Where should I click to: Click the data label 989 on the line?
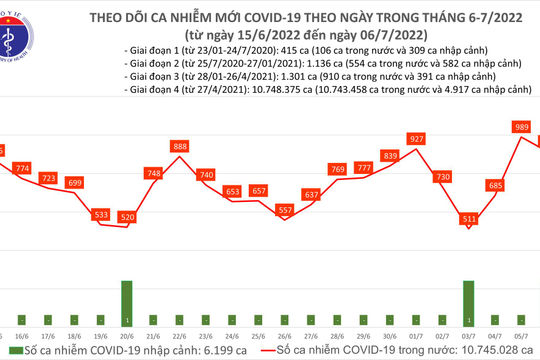(521, 127)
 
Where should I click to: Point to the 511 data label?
(468, 217)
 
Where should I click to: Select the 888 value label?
(180, 147)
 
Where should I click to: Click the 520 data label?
(127, 216)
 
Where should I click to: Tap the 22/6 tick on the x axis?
(180, 338)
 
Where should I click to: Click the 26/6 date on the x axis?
(285, 338)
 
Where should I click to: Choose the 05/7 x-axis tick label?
(521, 338)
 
